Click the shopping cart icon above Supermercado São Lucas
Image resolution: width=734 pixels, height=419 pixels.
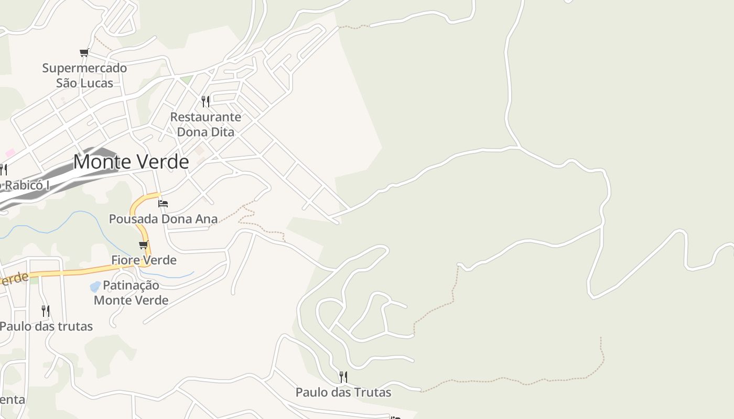click(84, 52)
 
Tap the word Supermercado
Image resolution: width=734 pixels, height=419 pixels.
click(84, 68)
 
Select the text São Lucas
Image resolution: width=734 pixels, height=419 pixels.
click(84, 83)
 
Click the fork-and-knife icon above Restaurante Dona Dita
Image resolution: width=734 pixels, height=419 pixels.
click(206, 101)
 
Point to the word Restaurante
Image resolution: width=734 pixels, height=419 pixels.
click(206, 117)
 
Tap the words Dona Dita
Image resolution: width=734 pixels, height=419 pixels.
click(206, 132)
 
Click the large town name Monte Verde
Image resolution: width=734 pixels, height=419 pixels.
click(131, 162)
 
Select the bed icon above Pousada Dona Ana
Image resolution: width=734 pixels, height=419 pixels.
click(163, 203)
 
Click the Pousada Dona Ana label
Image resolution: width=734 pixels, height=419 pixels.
click(163, 218)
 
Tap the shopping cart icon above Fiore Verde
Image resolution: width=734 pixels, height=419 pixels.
click(144, 245)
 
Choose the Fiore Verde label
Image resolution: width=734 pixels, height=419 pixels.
click(144, 260)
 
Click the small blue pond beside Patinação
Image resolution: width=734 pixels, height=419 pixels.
click(95, 286)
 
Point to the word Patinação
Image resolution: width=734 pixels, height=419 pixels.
click(131, 285)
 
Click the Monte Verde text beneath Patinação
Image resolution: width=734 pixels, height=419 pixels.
click(131, 300)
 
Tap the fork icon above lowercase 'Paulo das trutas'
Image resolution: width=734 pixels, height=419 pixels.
click(46, 311)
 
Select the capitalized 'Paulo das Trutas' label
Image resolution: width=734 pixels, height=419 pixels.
click(343, 392)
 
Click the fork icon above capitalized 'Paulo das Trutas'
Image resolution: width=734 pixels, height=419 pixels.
click(343, 377)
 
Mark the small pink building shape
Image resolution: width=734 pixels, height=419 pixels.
click(10, 152)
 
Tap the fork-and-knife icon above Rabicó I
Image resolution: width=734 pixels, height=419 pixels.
click(3, 170)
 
